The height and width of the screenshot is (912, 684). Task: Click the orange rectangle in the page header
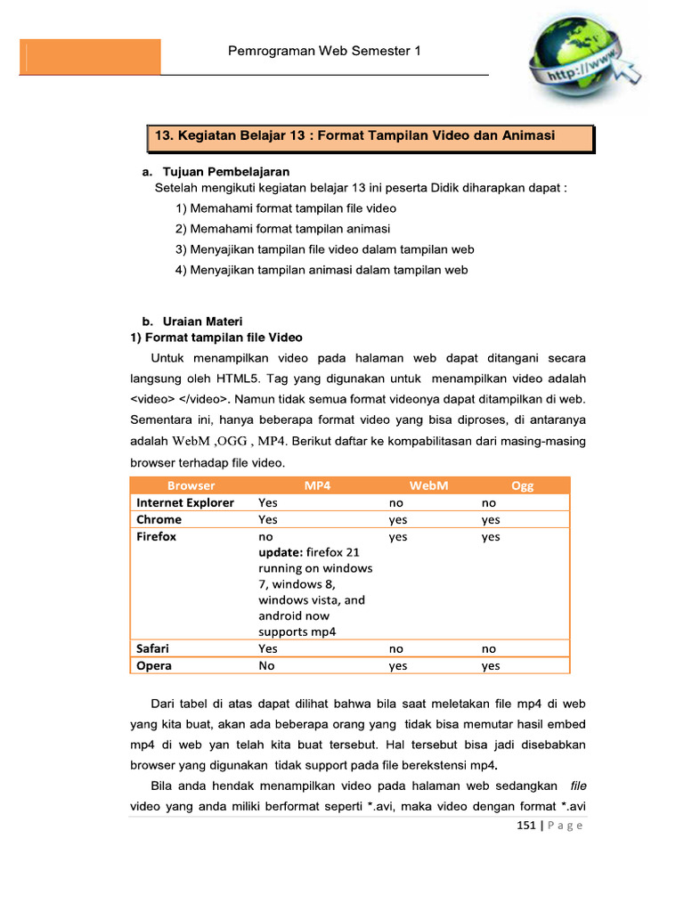click(x=90, y=56)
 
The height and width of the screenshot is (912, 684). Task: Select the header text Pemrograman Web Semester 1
click(x=325, y=52)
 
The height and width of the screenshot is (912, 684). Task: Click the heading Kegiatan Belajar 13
click(x=355, y=135)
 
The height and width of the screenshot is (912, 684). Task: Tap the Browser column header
click(x=191, y=485)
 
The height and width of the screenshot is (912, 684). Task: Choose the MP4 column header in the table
click(x=317, y=485)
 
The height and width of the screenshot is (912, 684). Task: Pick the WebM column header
click(x=428, y=485)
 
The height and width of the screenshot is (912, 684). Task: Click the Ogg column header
click(x=522, y=485)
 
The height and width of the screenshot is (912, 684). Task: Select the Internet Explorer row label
click(x=185, y=502)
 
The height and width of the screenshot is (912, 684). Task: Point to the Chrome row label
click(x=159, y=519)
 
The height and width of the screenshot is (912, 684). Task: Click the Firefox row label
click(x=157, y=537)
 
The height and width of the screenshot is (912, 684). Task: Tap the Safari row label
click(x=152, y=648)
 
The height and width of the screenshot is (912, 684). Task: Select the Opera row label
click(x=154, y=665)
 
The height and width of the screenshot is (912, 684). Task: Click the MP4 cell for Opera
click(x=266, y=665)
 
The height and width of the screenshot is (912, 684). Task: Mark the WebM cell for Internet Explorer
click(x=396, y=502)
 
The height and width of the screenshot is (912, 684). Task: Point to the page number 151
click(x=526, y=826)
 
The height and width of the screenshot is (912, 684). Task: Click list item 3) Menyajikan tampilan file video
click(x=324, y=249)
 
